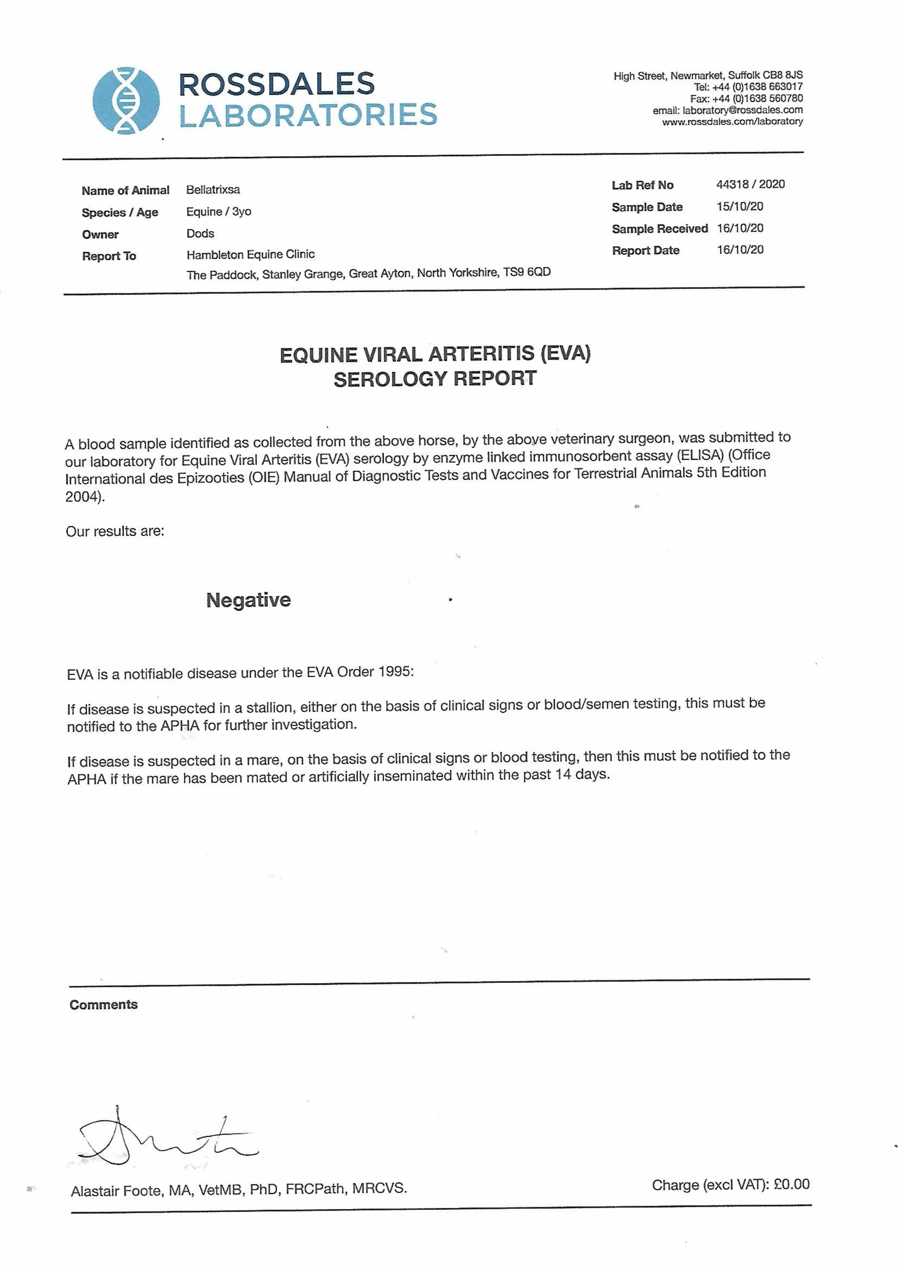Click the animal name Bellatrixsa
[x=213, y=190]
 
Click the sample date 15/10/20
[x=740, y=207]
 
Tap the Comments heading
[x=104, y=1004]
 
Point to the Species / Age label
[x=120, y=213]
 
